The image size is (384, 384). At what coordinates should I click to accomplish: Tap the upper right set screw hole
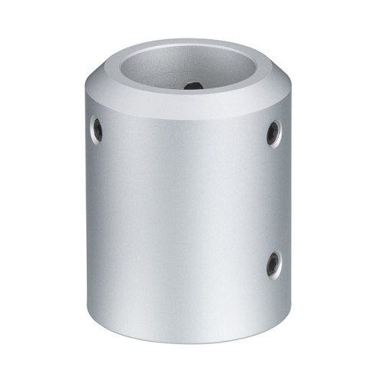tap(273, 133)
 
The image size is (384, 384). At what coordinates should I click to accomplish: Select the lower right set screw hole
tap(273, 265)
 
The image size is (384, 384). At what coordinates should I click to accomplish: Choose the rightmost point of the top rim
tap(265, 73)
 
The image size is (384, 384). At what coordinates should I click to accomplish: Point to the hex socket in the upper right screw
tap(273, 134)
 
